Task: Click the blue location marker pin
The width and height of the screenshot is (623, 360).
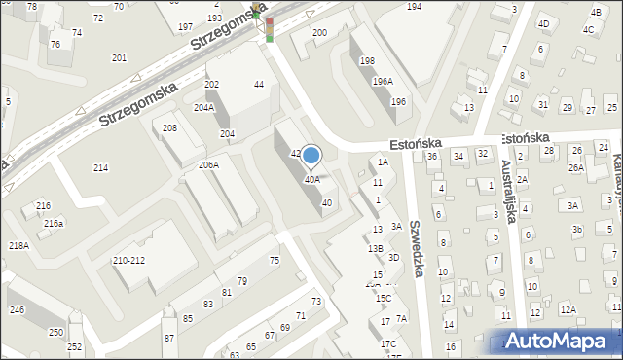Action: tap(311, 156)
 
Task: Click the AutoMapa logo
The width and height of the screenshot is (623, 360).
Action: tap(562, 341)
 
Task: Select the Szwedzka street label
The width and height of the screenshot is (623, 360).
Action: tap(416, 247)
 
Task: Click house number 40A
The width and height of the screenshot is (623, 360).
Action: tap(311, 179)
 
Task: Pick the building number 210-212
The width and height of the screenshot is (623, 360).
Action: tap(129, 261)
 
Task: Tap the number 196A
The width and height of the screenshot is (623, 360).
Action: tap(383, 82)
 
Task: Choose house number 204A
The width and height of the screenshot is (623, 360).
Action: tap(203, 107)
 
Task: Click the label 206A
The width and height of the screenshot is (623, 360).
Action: tap(208, 165)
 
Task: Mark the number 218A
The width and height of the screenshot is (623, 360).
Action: tap(18, 246)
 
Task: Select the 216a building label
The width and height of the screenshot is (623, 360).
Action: tap(54, 223)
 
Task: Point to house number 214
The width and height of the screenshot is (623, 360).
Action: tap(100, 168)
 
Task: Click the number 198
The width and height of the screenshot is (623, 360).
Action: tap(367, 61)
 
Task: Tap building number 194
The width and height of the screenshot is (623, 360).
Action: tap(414, 7)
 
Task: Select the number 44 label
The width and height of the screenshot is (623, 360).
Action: tap(259, 85)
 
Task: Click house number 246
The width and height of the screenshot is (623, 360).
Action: tap(17, 310)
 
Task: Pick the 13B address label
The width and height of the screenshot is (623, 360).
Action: tap(376, 248)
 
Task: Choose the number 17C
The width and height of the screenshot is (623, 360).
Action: tap(388, 343)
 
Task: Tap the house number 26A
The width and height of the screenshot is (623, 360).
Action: tap(576, 167)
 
